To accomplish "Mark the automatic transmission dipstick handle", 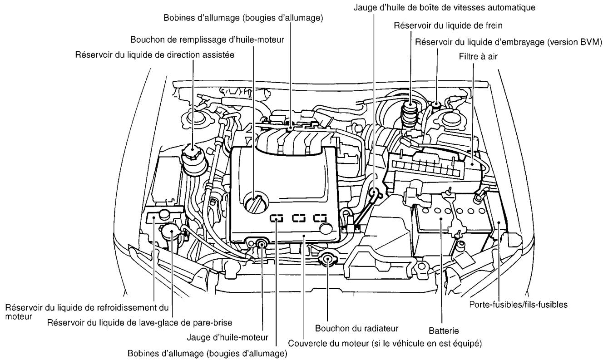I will (374, 192).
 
